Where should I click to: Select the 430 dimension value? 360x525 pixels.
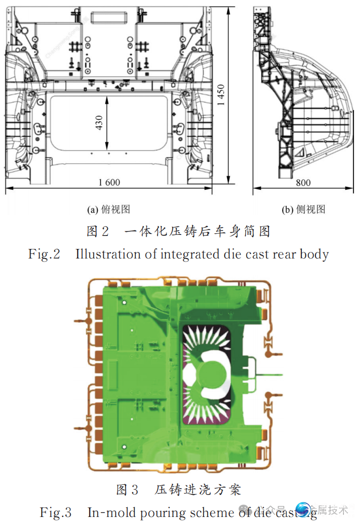point(99,123)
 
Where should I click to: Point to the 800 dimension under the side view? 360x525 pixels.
point(303,182)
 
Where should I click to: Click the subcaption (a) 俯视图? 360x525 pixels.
point(109,209)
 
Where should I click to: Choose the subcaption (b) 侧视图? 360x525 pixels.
point(304,209)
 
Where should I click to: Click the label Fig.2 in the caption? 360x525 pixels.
point(44,254)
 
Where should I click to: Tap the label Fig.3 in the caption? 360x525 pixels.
point(56,512)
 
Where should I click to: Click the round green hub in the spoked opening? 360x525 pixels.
point(207,373)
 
